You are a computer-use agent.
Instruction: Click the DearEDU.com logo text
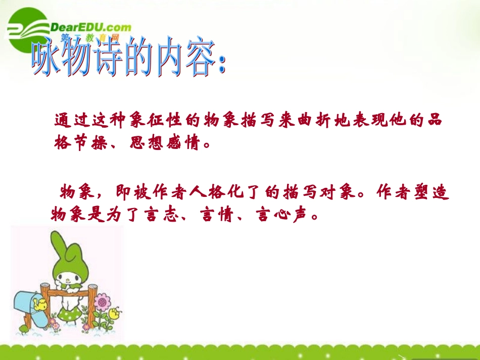(x=90, y=27)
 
